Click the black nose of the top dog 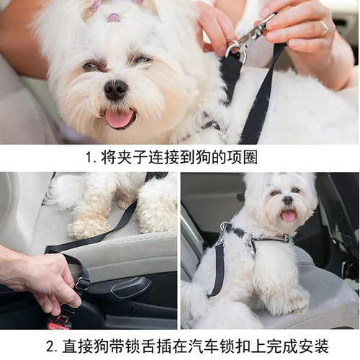pyautogui.click(x=115, y=89)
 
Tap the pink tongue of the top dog pyautogui.click(x=120, y=118)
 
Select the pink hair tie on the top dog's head pyautogui.click(x=113, y=17)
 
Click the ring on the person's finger pyautogui.click(x=324, y=28)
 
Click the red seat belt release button pyautogui.click(x=60, y=322)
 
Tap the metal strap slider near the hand pyautogui.click(x=82, y=284)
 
